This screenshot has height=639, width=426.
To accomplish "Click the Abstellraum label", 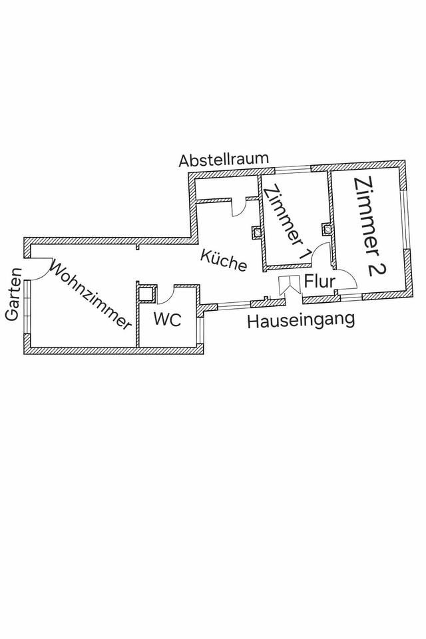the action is click(224, 160).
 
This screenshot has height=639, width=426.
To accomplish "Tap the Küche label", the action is click(224, 260).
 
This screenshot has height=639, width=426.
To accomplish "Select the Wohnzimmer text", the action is click(91, 296).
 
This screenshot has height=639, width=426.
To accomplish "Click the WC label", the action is click(167, 319).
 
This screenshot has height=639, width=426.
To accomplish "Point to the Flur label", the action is click(319, 282).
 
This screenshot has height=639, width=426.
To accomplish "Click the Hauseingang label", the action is click(300, 321).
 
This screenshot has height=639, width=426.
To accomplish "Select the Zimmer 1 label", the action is click(286, 222).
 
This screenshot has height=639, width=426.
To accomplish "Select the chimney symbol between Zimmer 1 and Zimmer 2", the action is click(326, 229).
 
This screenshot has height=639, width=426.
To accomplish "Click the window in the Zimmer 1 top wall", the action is click(292, 168).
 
